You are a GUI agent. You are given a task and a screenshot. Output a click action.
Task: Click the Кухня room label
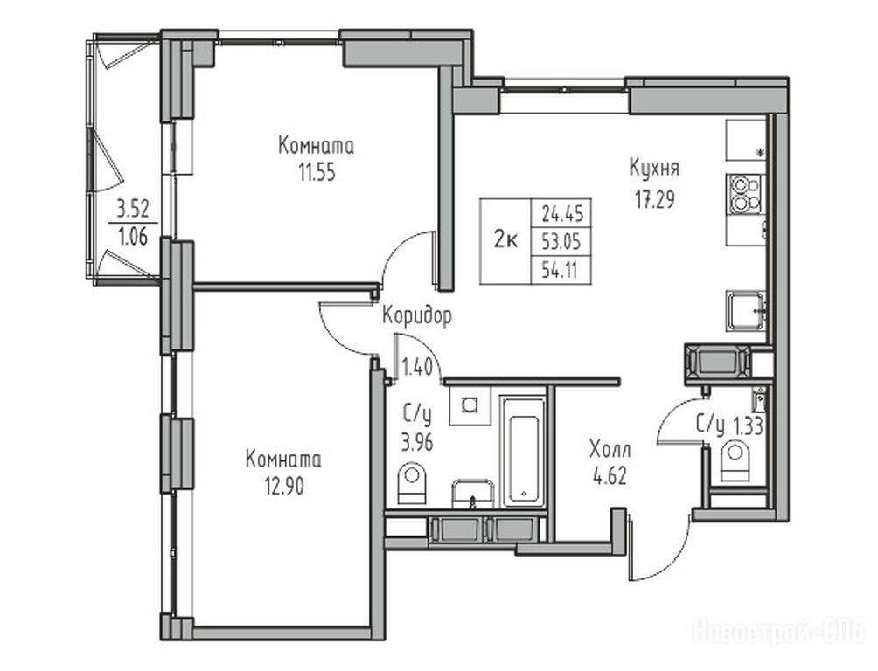coord(654,168)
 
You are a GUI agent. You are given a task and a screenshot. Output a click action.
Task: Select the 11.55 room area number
coord(317,173)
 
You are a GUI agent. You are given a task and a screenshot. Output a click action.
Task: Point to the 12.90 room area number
coord(284,487)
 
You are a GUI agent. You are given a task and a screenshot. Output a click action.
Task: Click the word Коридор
coord(417,316)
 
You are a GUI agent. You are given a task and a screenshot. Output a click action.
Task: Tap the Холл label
coord(610,449)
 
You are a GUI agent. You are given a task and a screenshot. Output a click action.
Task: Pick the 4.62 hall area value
coord(610,476)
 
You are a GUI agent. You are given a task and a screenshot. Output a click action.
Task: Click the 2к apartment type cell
coord(505,241)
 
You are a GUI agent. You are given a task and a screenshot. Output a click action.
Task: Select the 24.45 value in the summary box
coord(562,213)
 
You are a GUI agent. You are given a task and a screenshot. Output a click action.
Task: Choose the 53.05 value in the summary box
coord(562,242)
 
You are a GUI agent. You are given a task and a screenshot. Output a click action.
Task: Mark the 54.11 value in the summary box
coord(560,271)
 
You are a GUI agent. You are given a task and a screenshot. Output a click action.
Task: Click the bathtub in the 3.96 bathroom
coord(523,452)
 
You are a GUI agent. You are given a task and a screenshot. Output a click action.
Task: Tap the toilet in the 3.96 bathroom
coord(412,483)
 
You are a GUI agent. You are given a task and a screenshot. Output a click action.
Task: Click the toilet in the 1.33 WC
coord(735,461)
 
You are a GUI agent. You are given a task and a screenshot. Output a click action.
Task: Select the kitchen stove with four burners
coord(745,194)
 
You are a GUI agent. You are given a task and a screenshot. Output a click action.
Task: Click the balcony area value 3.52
coord(132,210)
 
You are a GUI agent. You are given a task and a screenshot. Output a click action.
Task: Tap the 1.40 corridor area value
coord(417,368)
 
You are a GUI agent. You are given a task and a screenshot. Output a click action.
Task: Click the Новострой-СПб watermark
coord(779,633)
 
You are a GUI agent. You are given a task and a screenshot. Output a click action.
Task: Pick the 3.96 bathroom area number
coord(417,443)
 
